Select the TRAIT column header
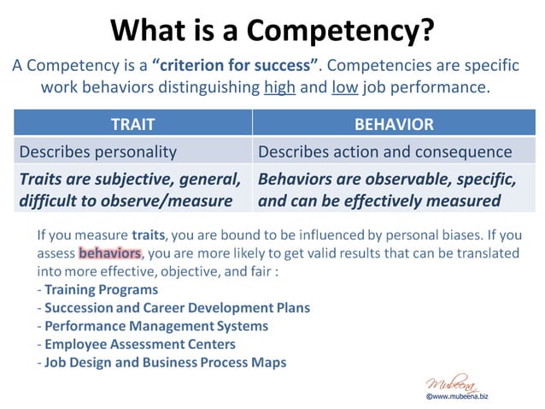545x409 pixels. [x=132, y=124]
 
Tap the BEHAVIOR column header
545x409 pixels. [x=394, y=124]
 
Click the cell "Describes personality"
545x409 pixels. [x=98, y=151]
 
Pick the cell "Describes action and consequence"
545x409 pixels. [x=384, y=151]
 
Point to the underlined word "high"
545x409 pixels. [x=279, y=87]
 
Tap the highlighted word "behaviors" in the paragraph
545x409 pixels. [x=109, y=253]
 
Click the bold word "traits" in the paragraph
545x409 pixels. [x=147, y=234]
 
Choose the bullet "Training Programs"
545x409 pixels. [x=101, y=289]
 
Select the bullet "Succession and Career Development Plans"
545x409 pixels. [x=177, y=307]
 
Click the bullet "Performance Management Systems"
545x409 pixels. [x=156, y=326]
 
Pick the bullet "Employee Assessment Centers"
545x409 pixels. [x=140, y=344]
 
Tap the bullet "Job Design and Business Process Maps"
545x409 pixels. [x=166, y=362]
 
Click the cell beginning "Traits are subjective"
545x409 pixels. [x=130, y=190]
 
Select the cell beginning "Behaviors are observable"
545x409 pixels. [x=387, y=190]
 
